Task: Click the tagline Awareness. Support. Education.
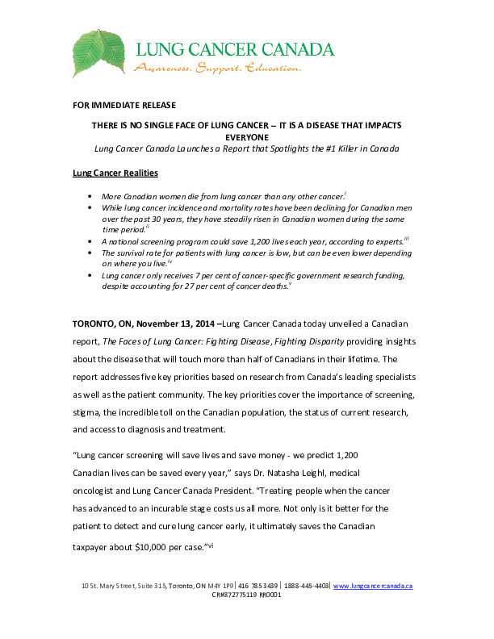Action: click(217, 68)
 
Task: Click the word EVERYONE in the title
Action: click(245, 137)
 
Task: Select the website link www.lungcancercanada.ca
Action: click(372, 585)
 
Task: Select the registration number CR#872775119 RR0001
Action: click(246, 594)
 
